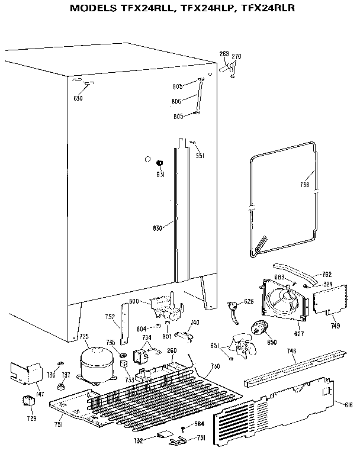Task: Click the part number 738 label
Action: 304,185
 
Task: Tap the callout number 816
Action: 348,405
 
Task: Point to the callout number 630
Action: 78,98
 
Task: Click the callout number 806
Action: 176,101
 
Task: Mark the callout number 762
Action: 326,273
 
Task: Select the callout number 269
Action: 224,54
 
